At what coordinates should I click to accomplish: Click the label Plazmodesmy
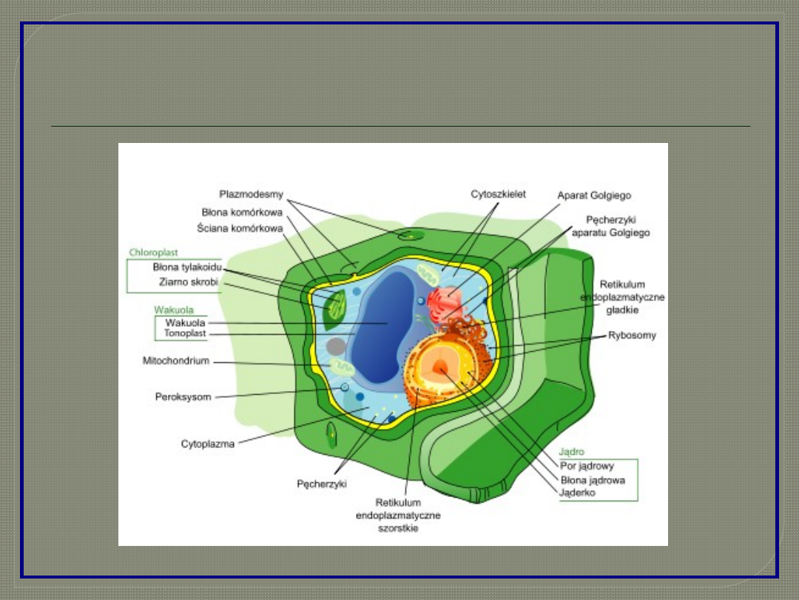pyautogui.click(x=251, y=194)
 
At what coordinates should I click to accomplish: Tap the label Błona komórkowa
pyautogui.click(x=242, y=212)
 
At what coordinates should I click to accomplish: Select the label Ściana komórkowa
pyautogui.click(x=240, y=229)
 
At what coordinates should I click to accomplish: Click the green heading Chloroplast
pyautogui.click(x=154, y=253)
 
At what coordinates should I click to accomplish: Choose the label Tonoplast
pyautogui.click(x=185, y=333)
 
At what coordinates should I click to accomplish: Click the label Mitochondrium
pyautogui.click(x=176, y=361)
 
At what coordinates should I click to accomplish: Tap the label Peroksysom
pyautogui.click(x=183, y=397)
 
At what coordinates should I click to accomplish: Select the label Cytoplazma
pyautogui.click(x=208, y=444)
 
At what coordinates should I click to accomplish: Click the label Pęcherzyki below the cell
pyautogui.click(x=322, y=484)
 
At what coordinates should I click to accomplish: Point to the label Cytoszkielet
pyautogui.click(x=499, y=194)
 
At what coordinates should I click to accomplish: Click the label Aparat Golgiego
pyautogui.click(x=594, y=196)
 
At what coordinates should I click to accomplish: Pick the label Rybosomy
pyautogui.click(x=632, y=336)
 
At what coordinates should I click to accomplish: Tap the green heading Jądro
pyautogui.click(x=572, y=451)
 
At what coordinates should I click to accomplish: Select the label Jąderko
pyautogui.click(x=578, y=493)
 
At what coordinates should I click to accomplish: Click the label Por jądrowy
pyautogui.click(x=587, y=466)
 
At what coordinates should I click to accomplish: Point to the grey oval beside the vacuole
pyautogui.click(x=337, y=346)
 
